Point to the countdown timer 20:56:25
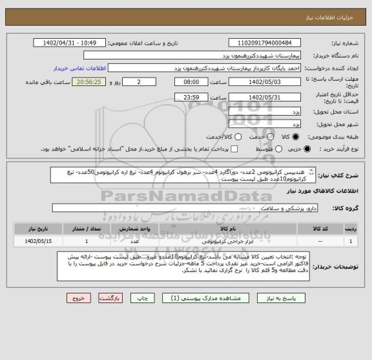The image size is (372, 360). point(93,83)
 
